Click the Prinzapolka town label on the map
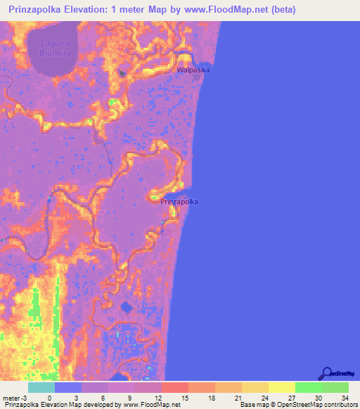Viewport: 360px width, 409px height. point(179,202)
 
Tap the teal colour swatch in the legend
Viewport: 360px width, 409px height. point(41,387)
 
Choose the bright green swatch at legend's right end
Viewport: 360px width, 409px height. point(335,387)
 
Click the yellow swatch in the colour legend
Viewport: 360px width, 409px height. point(281,387)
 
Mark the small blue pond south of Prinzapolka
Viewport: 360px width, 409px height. point(127,307)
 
